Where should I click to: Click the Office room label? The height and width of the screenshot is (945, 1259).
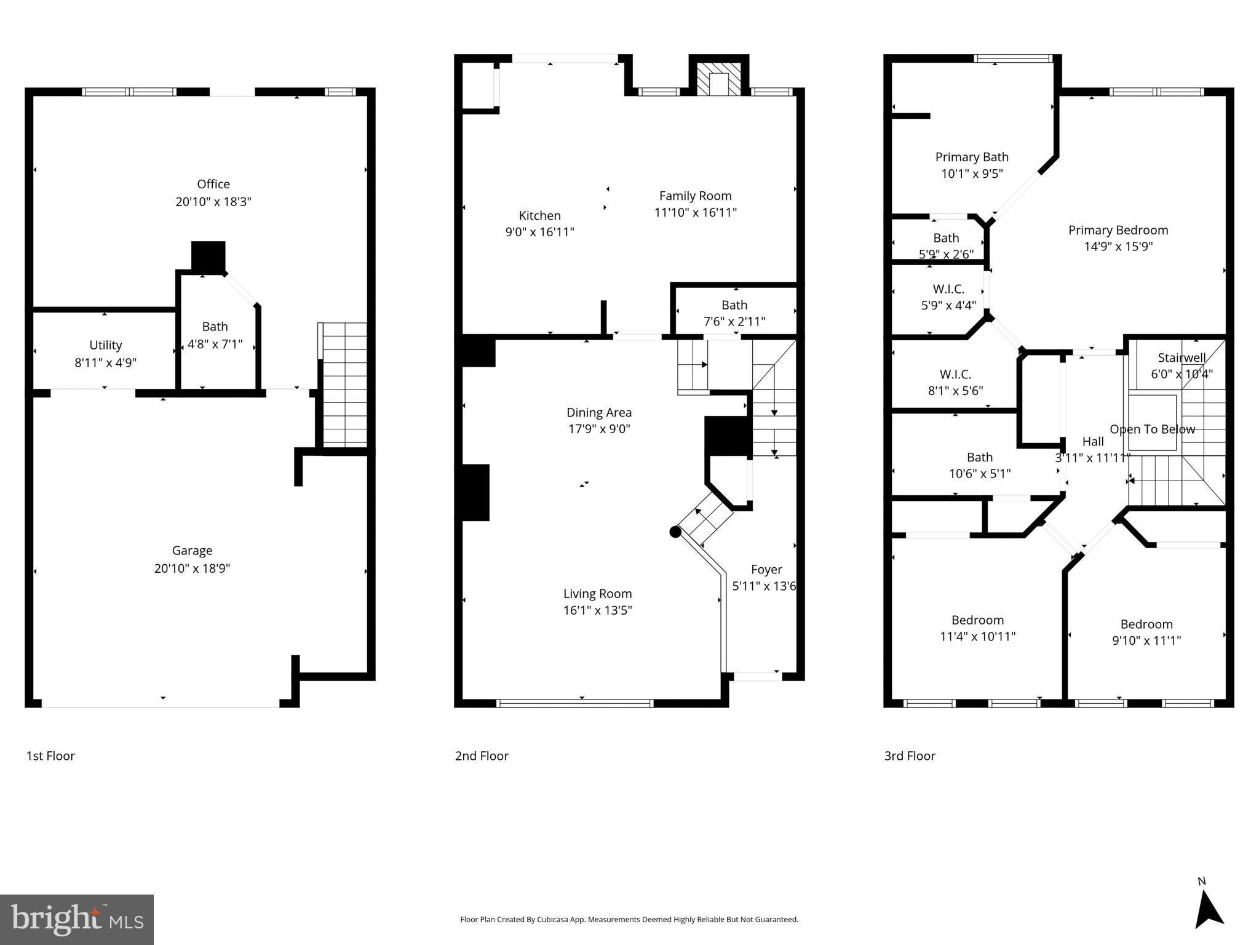pos(213,184)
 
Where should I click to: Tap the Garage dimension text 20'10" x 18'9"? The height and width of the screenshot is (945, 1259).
pos(192,568)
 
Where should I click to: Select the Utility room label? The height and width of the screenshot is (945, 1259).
pos(105,345)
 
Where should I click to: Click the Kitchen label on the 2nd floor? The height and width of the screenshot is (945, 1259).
pos(539,215)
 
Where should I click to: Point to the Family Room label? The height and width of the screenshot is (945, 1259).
pos(695,196)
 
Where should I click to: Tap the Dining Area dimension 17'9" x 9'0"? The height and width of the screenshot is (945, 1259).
pos(598,429)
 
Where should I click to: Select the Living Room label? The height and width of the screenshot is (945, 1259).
pos(597,594)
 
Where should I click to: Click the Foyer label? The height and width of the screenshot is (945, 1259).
pos(766,570)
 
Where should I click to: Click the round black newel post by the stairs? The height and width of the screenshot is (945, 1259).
pos(675,532)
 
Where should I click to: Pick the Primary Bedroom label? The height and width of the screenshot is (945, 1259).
pos(1118,230)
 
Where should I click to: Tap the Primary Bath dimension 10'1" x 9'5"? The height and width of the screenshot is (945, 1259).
pos(972,173)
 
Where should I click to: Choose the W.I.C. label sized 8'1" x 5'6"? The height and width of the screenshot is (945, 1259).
pos(955,374)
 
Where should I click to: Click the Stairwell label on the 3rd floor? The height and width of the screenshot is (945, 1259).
pos(1182,357)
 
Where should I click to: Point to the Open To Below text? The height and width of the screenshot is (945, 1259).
pos(1152,429)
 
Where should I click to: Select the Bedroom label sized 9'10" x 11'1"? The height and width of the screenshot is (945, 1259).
pos(1146,624)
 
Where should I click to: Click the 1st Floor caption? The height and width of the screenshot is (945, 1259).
pos(50,756)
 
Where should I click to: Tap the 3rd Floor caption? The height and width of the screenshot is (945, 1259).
pos(909,756)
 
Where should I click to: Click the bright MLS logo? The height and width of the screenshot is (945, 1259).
pos(76,920)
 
